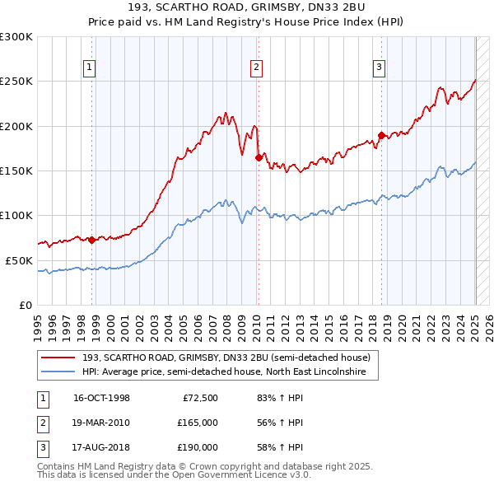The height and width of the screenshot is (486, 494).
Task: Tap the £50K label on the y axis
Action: [20, 260]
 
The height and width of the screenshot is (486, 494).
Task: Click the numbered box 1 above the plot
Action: [88, 68]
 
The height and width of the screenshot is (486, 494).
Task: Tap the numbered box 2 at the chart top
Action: [256, 68]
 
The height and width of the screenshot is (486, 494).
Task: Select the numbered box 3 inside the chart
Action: [379, 68]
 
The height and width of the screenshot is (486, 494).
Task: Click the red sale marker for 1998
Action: [92, 240]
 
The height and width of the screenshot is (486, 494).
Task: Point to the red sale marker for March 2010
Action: [259, 157]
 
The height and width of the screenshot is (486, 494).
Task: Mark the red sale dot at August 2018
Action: [381, 135]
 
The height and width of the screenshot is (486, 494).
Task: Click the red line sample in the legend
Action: [59, 357]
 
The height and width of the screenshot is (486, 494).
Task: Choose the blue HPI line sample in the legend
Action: [59, 372]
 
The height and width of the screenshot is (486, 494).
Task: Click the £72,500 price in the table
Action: [199, 398]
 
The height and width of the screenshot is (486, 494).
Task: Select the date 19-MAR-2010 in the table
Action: [101, 423]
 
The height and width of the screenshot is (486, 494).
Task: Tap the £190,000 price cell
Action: [197, 447]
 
